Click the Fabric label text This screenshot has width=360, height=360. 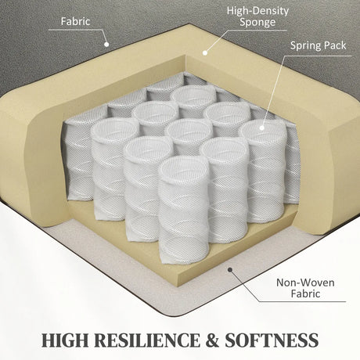click(75, 21)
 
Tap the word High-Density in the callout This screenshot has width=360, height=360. click(257, 11)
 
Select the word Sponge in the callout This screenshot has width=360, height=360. click(257, 23)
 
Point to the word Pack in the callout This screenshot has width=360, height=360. click(334, 45)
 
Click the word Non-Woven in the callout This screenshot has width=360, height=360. click(305, 283)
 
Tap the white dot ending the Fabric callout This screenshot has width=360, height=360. click(106, 45)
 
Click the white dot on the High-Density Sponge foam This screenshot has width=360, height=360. click(205, 53)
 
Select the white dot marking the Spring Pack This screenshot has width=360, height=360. click(262, 128)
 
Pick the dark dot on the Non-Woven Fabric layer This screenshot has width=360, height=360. click(230, 269)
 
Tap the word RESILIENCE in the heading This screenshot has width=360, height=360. click(146, 340)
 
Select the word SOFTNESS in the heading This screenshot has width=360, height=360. click(272, 340)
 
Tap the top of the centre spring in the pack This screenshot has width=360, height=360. click(189, 131)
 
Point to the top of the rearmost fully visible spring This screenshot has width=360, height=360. click(194, 95)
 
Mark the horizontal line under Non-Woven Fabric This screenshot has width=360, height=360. click(302, 302)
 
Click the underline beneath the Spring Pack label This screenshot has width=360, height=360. click(318, 56)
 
